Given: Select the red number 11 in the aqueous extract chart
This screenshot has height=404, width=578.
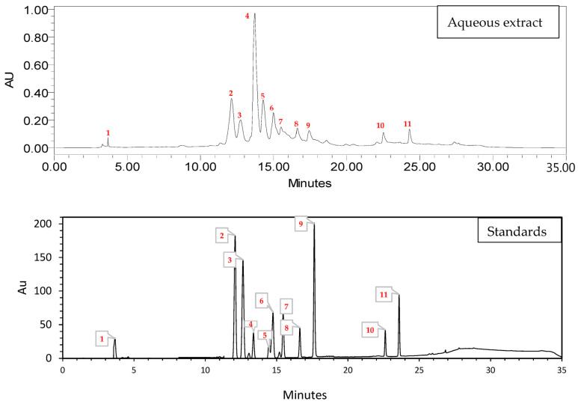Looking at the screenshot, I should tap(408, 124).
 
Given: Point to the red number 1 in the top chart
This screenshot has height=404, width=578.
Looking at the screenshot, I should tap(108, 132).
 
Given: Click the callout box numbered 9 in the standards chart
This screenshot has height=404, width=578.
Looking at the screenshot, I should tap(301, 224).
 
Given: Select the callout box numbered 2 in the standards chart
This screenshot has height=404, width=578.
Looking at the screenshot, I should tap(222, 236).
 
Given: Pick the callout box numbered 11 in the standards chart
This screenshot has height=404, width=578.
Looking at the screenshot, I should tap(384, 296).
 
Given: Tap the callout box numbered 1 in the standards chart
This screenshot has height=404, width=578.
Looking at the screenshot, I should tap(102, 339).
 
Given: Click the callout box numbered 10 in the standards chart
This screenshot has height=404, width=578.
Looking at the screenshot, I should tap(369, 330).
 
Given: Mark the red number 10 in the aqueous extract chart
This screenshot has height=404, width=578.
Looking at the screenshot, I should tap(380, 126).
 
